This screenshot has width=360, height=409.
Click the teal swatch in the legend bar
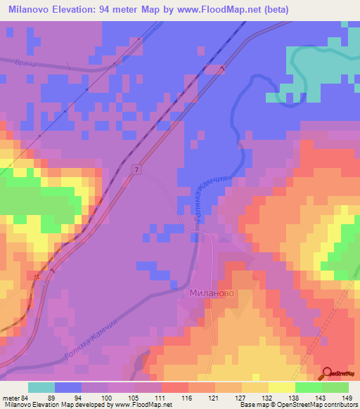[41, 387]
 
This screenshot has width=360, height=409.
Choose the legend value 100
[108, 398]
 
